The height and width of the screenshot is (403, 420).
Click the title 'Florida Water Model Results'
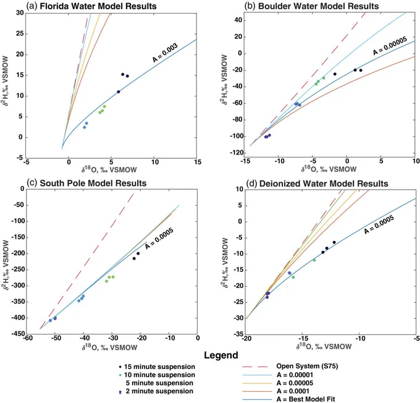98,6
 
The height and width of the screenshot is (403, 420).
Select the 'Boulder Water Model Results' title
318,6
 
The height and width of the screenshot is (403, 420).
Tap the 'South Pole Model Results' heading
93,183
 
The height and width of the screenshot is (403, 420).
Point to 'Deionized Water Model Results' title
324,184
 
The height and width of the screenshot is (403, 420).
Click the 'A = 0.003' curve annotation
165,53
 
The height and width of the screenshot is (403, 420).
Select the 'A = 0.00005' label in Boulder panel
390,46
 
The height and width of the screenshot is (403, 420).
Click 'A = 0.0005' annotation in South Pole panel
159,239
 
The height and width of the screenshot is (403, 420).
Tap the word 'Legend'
221,355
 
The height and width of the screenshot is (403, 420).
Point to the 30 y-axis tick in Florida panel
20,13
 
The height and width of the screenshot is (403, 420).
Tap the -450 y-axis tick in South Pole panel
18,334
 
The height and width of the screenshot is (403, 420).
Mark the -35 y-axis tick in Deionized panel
238,334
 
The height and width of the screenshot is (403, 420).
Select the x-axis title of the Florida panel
109,169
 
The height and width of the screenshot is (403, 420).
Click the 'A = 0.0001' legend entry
293,391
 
